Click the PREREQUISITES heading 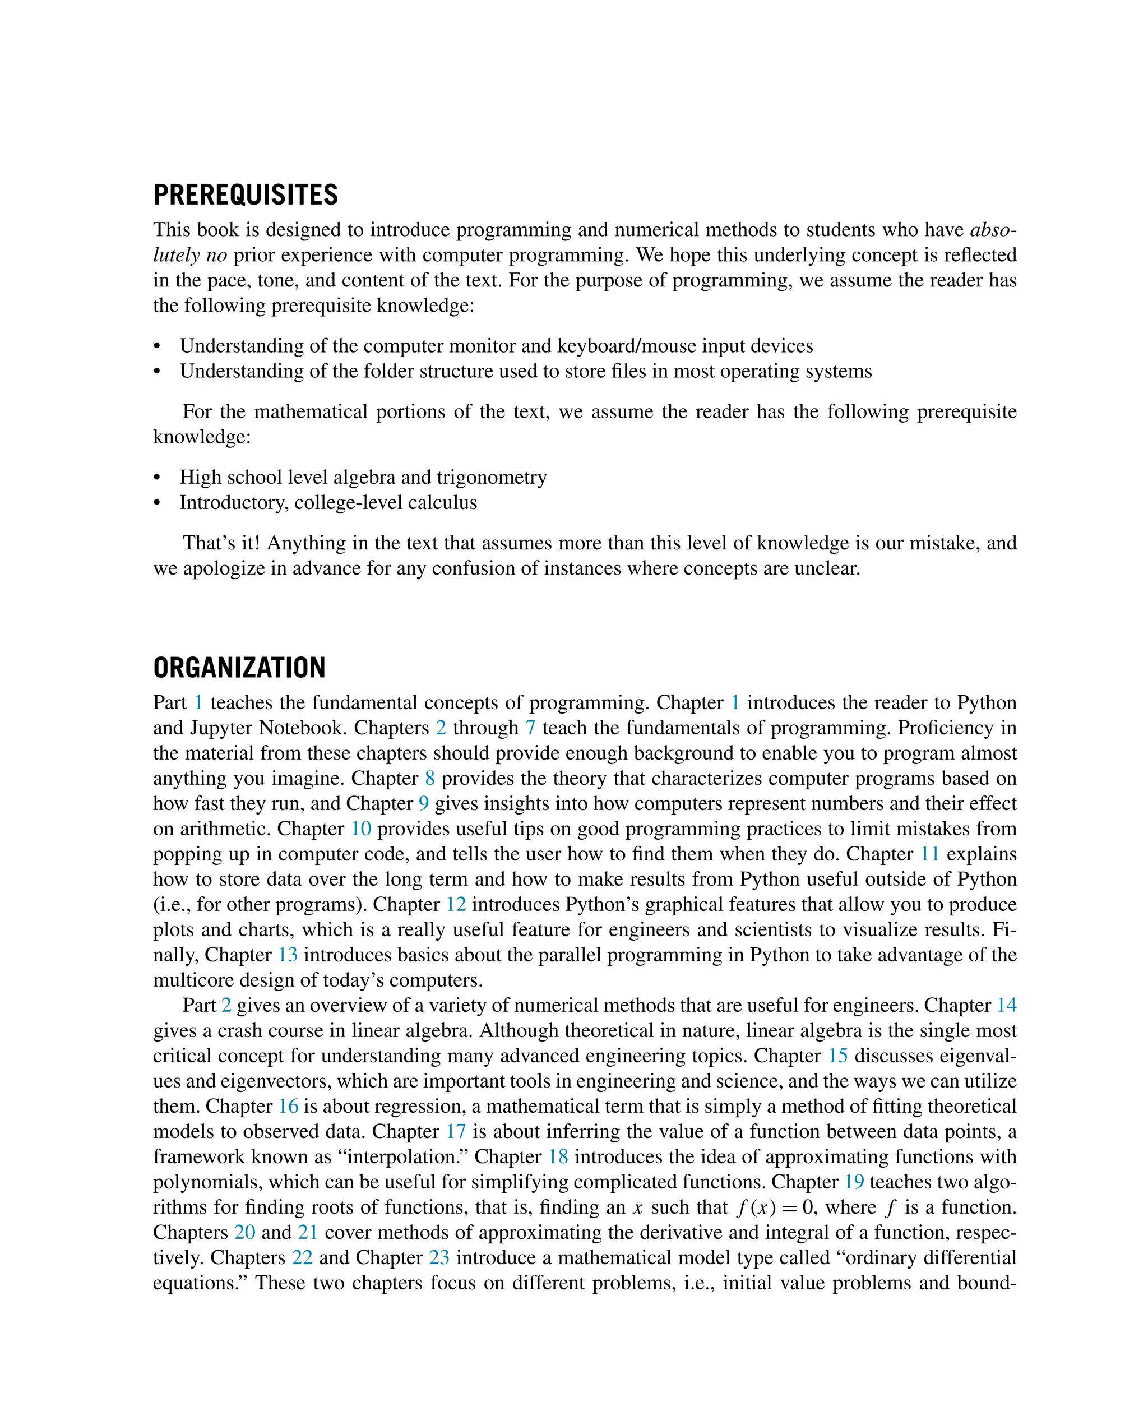(x=246, y=195)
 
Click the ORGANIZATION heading (x=239, y=668)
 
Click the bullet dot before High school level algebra (x=157, y=478)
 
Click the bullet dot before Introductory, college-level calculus (x=157, y=503)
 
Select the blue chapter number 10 (x=360, y=829)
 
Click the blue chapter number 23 (x=439, y=1257)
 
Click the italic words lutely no (x=190, y=255)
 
